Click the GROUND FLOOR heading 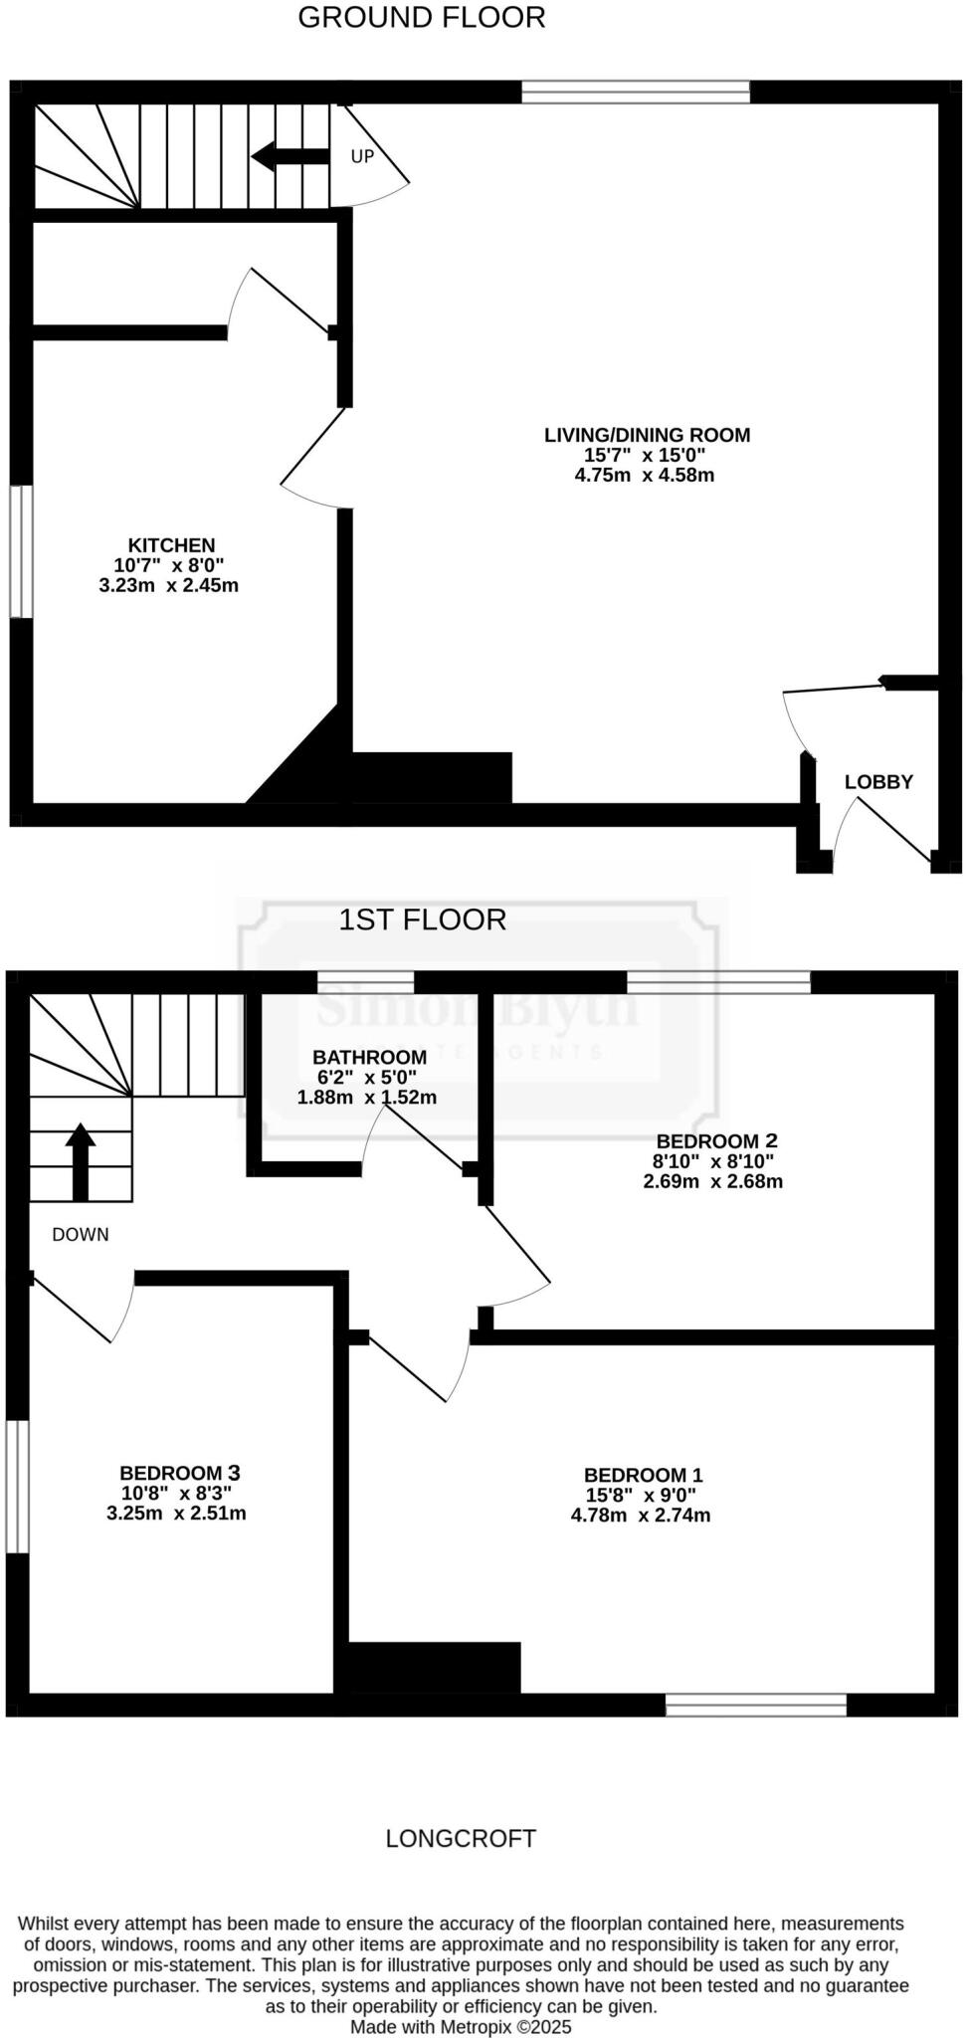[x=422, y=18]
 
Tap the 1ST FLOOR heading [x=422, y=919]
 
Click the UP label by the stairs [x=362, y=156]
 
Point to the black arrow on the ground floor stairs [x=290, y=156]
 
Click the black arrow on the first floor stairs [x=81, y=1161]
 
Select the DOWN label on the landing [x=81, y=1235]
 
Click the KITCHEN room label [x=171, y=545]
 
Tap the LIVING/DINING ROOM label [x=647, y=435]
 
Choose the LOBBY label [x=878, y=782]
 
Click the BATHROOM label [x=369, y=1057]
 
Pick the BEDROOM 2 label [x=716, y=1140]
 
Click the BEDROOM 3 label [x=180, y=1473]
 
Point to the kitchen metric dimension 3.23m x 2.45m [x=169, y=585]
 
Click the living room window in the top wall [x=636, y=93]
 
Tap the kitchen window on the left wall [x=21, y=550]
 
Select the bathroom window [x=365, y=981]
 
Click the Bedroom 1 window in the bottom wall [x=756, y=1705]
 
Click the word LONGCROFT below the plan [x=461, y=1839]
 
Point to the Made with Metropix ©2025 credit [x=461, y=2027]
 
